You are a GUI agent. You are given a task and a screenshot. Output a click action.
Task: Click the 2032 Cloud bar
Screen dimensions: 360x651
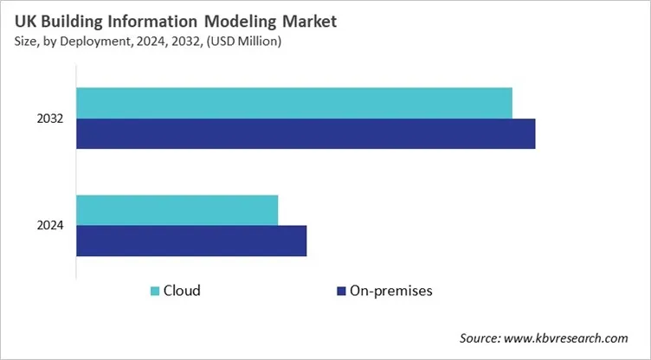pos(294,103)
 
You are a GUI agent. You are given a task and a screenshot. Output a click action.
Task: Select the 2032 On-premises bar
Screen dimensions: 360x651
pos(306,134)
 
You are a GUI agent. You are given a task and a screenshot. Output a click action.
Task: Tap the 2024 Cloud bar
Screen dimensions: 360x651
pos(177,210)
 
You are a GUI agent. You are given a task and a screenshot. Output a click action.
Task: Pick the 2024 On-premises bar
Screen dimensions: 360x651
pos(191,241)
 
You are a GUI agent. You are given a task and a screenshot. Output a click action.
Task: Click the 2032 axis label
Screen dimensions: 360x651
pos(50,119)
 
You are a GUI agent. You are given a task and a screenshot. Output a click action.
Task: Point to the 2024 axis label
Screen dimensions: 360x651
pos(50,226)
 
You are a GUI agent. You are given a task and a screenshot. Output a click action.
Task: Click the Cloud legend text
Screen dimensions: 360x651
pos(182,291)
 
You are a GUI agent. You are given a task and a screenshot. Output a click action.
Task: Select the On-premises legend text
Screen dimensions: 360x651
pos(391,291)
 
